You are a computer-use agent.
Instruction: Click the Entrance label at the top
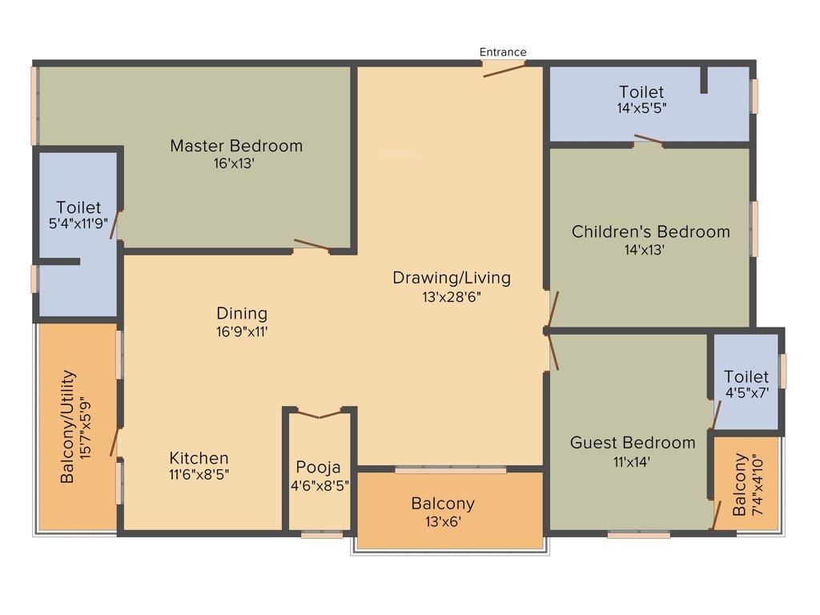point(503,52)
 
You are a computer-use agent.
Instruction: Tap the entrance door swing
point(504,70)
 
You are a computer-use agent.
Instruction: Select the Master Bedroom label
point(236,146)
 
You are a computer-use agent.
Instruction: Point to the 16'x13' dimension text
point(236,163)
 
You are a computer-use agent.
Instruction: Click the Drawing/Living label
point(451,278)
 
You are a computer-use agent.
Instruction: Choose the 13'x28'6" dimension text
point(451,296)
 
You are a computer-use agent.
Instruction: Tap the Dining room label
point(242,313)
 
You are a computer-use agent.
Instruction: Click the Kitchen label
point(199,458)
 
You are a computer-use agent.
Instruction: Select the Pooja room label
point(318,467)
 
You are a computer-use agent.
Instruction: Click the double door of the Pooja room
point(320,414)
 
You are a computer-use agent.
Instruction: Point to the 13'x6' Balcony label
point(443,521)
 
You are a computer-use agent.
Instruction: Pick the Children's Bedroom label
point(650,231)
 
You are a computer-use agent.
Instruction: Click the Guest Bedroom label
point(633,442)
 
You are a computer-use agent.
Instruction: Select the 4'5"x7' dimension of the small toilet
point(746,393)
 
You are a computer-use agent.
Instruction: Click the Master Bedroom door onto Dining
point(311,245)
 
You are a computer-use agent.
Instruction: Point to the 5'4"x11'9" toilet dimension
point(78,225)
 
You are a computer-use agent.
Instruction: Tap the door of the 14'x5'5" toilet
point(648,141)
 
